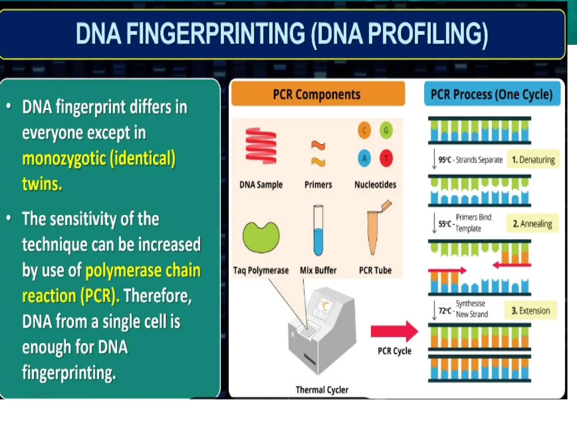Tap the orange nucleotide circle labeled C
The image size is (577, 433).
point(364,131)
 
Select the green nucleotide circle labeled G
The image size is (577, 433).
point(386,131)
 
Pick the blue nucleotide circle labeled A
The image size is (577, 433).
point(364,158)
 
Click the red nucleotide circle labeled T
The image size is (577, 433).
point(386,158)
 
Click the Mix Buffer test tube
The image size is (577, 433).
point(318,231)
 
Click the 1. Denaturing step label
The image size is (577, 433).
point(533,160)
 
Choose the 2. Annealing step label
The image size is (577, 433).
point(532,224)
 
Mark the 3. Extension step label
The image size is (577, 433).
point(531,310)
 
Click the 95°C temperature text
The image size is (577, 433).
point(445,160)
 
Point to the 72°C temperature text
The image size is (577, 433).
point(445,310)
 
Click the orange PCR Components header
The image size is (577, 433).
point(318,94)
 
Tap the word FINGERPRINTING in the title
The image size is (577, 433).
point(216,34)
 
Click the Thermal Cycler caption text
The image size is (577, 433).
point(322,390)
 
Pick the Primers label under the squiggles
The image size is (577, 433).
point(318,185)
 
